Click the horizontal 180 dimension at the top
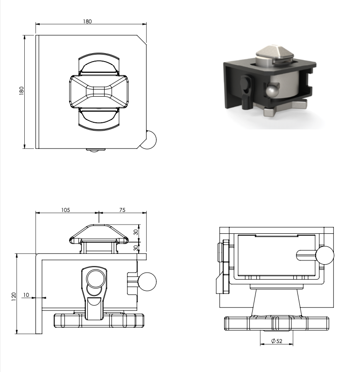click(87, 21)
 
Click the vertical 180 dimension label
click(21, 91)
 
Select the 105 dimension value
click(65, 210)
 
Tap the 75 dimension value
click(122, 210)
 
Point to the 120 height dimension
click(14, 297)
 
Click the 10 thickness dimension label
click(26, 295)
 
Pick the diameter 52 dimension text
click(277, 341)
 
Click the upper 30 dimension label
click(136, 232)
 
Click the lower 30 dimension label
click(136, 248)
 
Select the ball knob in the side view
click(147, 281)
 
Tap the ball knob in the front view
click(325, 255)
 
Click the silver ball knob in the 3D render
click(271, 91)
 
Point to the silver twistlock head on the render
click(275, 55)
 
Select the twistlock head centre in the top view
click(99, 92)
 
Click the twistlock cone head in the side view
click(99, 234)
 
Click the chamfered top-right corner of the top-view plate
click(141, 39)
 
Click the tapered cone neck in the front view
click(276, 303)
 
